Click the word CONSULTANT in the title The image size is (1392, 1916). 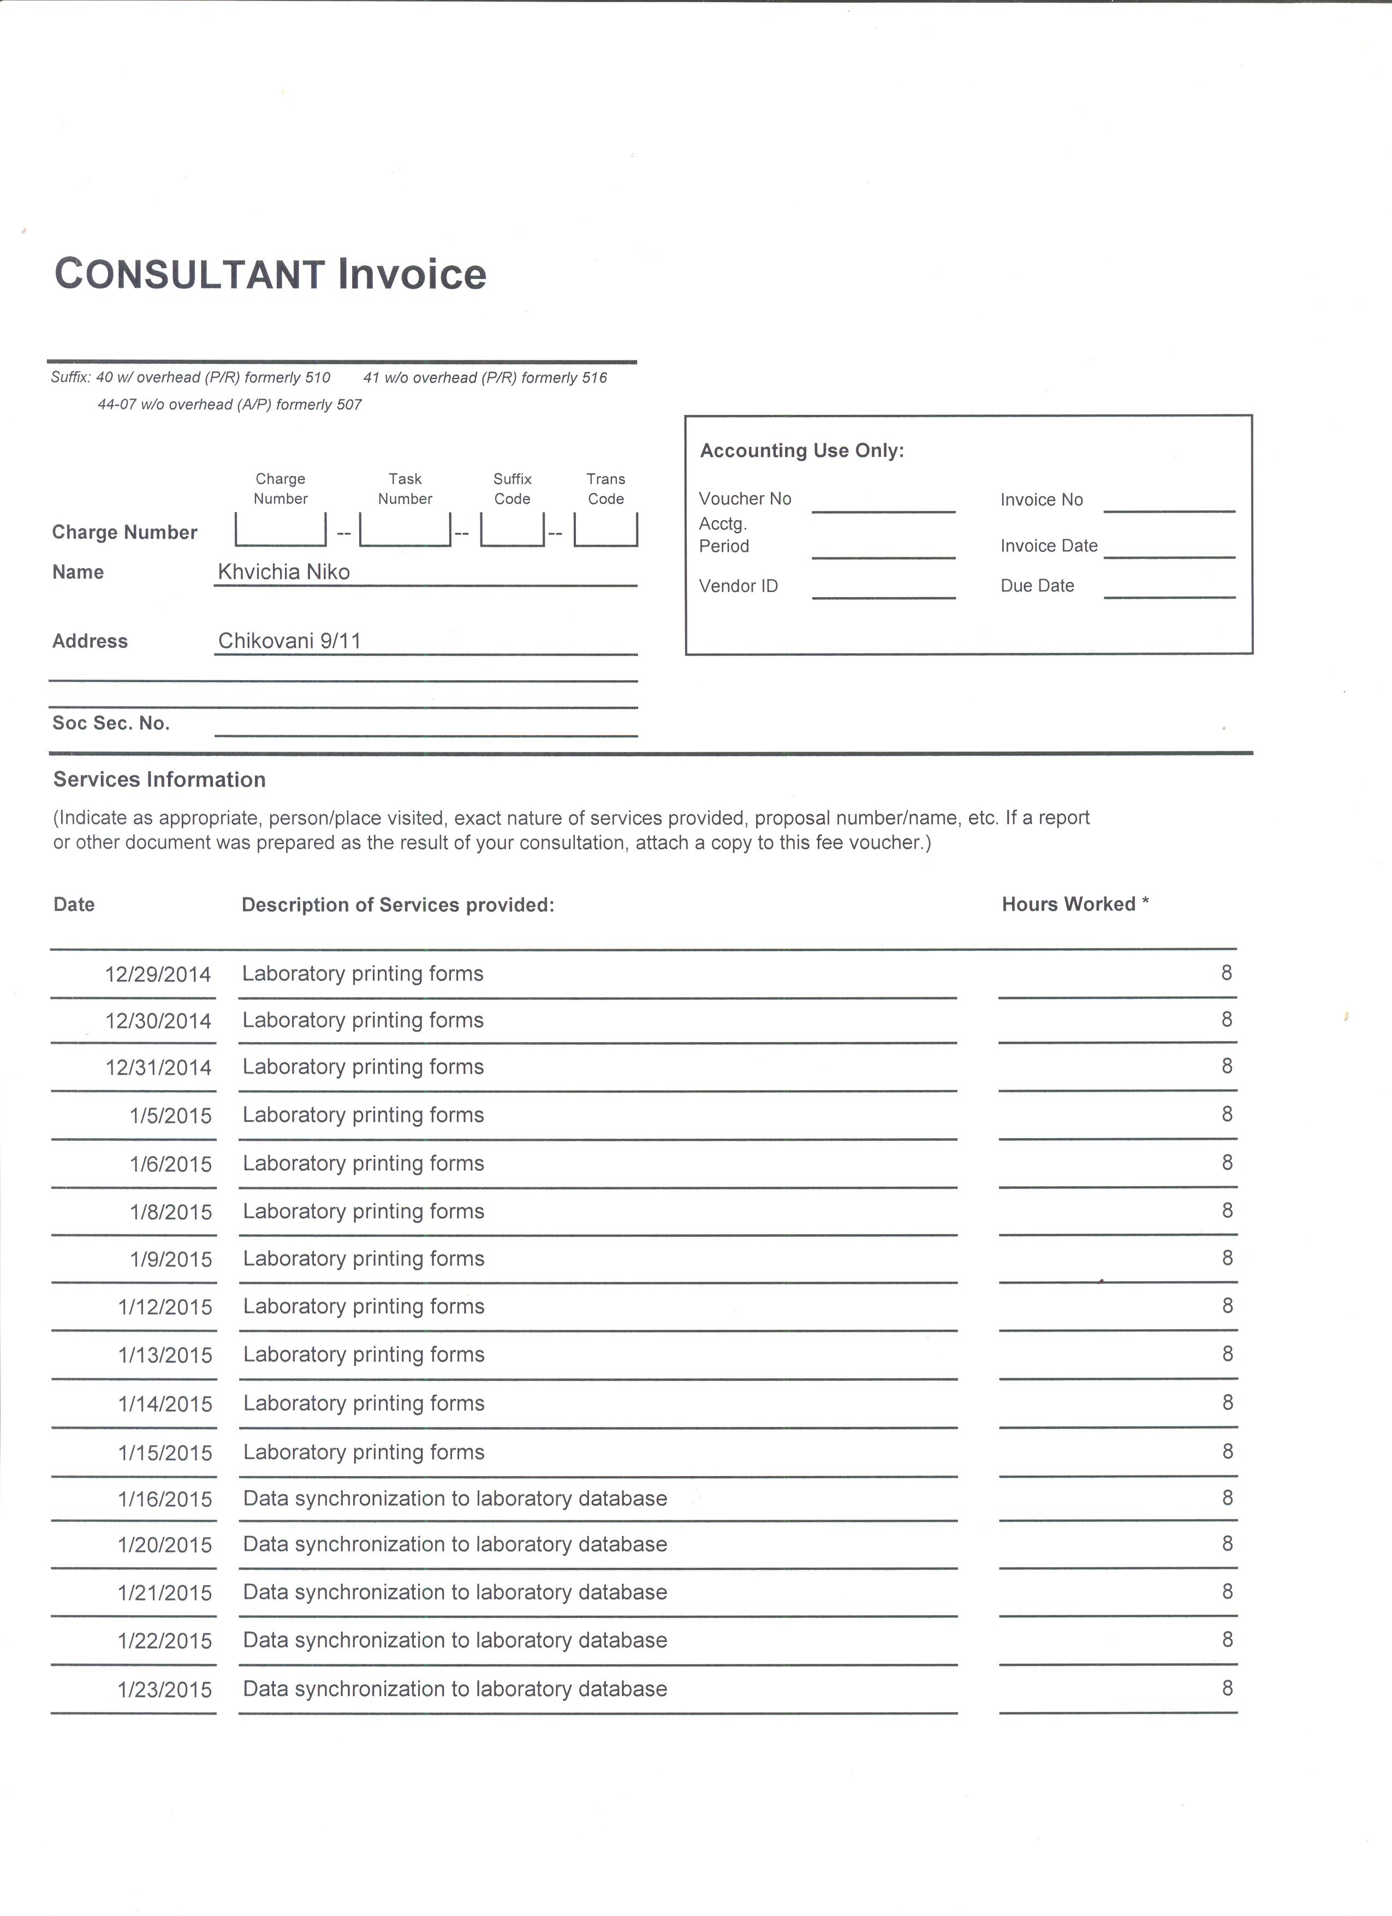(x=190, y=275)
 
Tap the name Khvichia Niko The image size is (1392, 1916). (x=284, y=572)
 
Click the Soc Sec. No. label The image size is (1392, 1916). (x=111, y=723)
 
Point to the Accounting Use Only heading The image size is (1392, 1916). (x=801, y=451)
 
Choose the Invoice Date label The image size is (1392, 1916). (x=1048, y=546)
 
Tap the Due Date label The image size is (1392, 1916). (x=1037, y=585)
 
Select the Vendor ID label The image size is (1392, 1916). (x=737, y=585)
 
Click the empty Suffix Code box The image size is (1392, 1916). (x=512, y=529)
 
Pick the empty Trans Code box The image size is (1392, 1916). (x=605, y=529)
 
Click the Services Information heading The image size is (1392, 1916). (x=159, y=780)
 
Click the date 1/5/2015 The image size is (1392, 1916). (x=171, y=1116)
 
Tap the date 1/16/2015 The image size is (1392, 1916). (x=165, y=1500)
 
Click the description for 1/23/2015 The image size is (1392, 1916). (x=454, y=1689)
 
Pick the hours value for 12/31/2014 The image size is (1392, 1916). (x=1227, y=1066)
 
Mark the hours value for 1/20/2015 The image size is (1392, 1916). (x=1227, y=1544)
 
